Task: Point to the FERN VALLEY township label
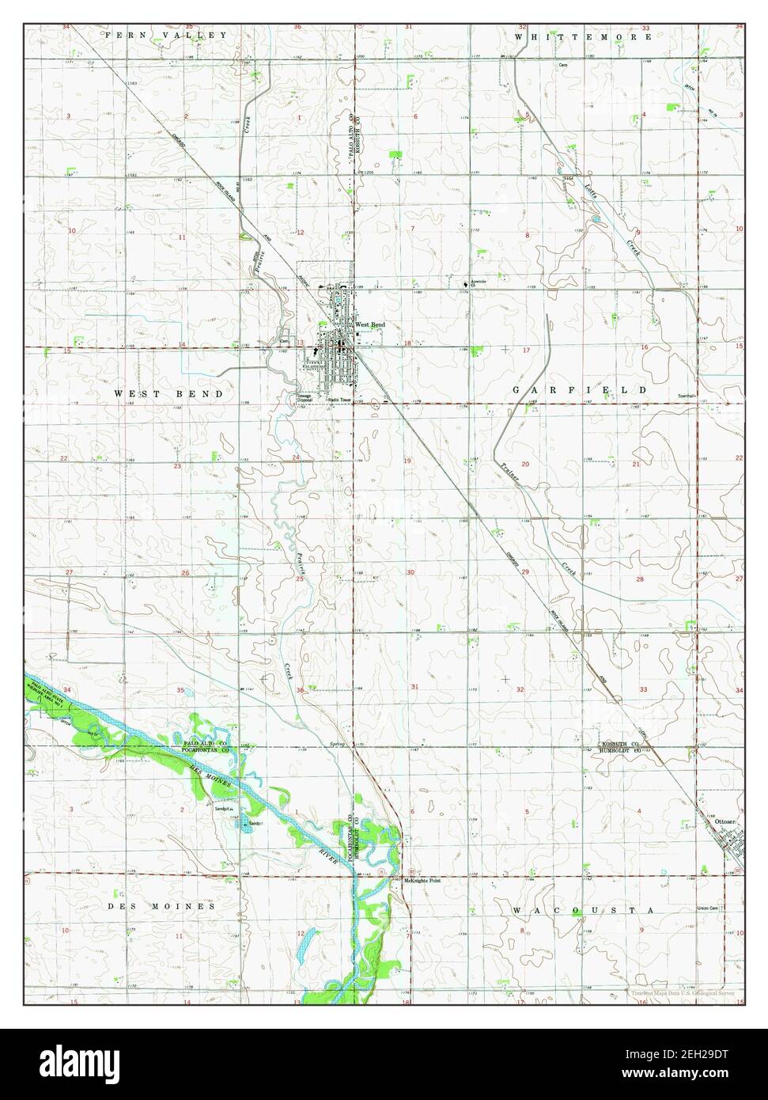[166, 35]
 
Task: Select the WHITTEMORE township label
[581, 36]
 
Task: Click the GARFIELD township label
[579, 390]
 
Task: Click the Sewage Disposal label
[305, 398]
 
